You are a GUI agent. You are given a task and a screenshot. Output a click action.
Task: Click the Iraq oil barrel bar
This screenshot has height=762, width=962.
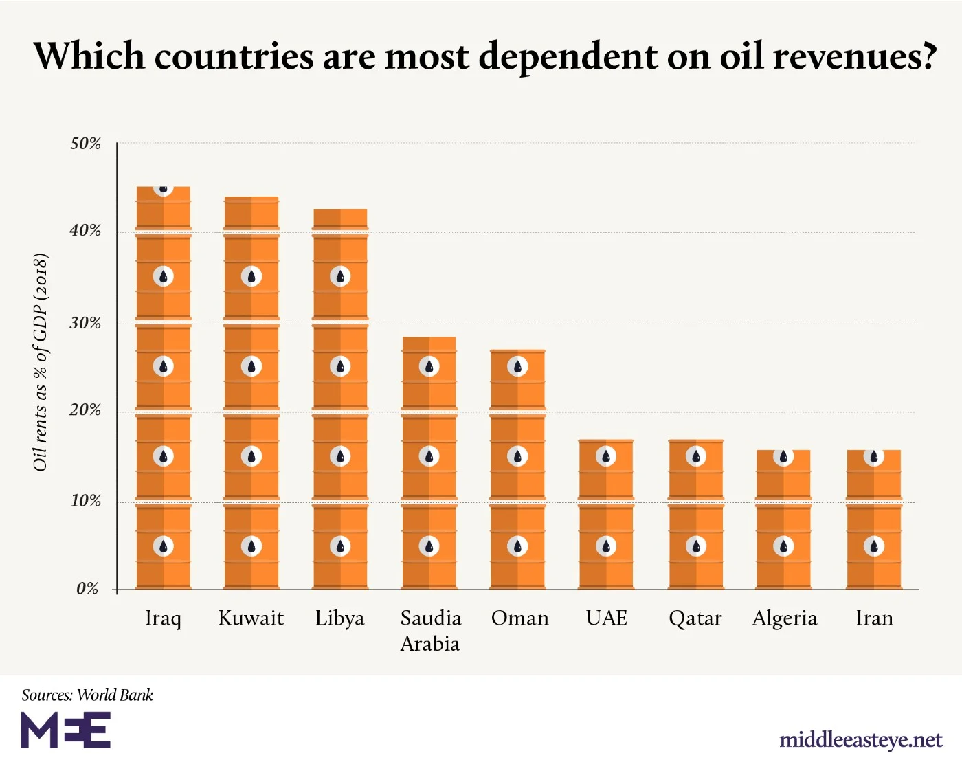[164, 388]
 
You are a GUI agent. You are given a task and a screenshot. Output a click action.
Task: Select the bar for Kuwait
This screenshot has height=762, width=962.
[251, 393]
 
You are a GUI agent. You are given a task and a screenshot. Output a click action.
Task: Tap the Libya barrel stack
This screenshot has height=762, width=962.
[340, 399]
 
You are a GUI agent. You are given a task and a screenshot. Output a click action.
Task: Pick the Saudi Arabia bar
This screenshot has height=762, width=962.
[429, 463]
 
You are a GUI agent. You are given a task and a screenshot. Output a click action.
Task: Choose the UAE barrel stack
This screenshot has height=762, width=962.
[606, 515]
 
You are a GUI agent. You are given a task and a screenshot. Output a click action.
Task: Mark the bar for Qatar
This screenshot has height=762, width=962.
[695, 515]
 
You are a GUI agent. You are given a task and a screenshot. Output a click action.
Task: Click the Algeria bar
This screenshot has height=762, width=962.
[783, 519]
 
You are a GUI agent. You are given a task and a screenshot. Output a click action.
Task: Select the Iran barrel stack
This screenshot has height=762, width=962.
[873, 519]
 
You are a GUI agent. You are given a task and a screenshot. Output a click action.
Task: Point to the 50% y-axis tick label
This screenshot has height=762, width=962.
[85, 144]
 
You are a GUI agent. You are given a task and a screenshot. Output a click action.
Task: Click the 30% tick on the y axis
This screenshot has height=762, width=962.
[85, 323]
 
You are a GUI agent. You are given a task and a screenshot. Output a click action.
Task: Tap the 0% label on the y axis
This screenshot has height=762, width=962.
[87, 589]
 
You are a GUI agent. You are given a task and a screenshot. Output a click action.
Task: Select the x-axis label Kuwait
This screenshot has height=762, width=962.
[251, 618]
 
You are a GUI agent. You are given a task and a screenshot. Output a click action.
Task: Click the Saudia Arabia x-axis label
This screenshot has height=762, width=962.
[430, 631]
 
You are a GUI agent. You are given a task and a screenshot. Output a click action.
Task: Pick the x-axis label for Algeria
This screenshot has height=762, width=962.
[785, 618]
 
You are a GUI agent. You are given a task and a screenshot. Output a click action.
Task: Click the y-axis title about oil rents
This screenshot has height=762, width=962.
[41, 362]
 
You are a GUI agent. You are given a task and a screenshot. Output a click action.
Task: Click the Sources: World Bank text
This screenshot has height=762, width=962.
[87, 695]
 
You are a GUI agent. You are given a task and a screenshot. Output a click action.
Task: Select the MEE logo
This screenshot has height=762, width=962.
[66, 730]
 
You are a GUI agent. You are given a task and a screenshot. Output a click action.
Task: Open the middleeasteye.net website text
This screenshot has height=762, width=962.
[860, 739]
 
